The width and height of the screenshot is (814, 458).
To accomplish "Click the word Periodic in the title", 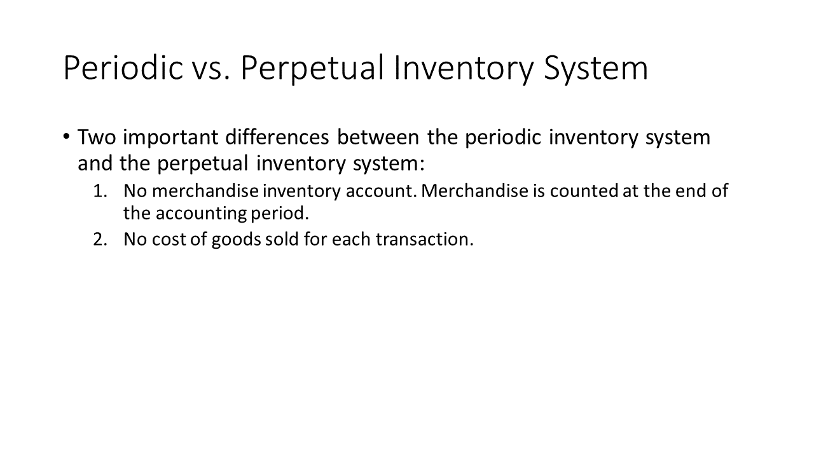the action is tap(123, 67).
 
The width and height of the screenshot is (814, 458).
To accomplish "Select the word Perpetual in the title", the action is tap(312, 68).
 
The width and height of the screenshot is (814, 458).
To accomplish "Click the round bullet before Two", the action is tap(66, 137).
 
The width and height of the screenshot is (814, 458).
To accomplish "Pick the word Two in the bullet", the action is tap(97, 137).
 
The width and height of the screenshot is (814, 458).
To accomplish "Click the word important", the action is tap(170, 138).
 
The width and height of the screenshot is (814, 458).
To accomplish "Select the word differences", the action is tap(277, 137).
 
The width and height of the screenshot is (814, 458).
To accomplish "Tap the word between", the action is tap(378, 137).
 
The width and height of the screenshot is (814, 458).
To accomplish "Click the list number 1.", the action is tap(100, 191).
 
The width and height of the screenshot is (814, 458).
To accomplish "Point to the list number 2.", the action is tap(100, 240).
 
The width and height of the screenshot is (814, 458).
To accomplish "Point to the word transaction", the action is tap(425, 240).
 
